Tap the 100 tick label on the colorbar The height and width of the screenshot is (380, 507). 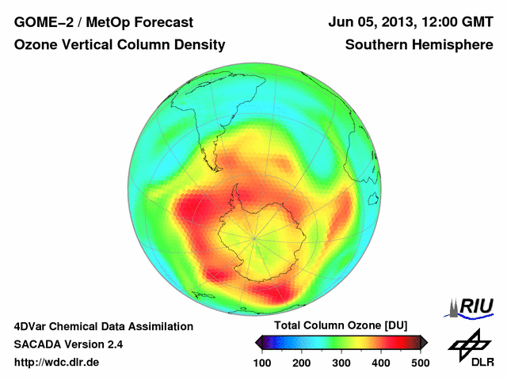(263, 363)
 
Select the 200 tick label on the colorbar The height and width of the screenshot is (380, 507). (302, 363)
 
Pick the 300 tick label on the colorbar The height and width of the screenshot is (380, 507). (341, 363)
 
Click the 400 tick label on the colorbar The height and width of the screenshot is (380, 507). (380, 363)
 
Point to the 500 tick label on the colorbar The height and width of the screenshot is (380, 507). (419, 363)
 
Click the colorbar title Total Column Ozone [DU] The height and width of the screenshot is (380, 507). (341, 326)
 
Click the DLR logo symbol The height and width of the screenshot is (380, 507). (470, 343)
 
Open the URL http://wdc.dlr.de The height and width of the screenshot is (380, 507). (57, 363)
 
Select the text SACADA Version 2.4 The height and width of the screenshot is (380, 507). (68, 344)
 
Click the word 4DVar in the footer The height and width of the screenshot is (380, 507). (32, 326)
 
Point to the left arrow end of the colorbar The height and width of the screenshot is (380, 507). (259, 342)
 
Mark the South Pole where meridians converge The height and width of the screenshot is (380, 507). (253, 237)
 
